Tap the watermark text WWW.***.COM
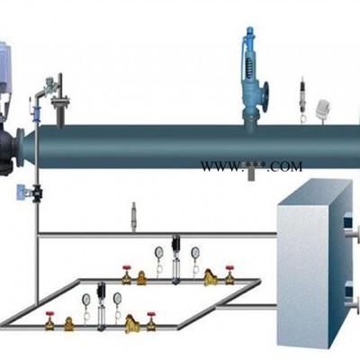[x=251, y=166]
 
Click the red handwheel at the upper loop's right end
[x=229, y=267]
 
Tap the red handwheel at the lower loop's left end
[x=49, y=314]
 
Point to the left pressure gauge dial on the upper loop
[x=158, y=251]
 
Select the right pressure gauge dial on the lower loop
[x=117, y=297]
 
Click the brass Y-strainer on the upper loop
[x=211, y=277]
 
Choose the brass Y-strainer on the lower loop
[x=132, y=323]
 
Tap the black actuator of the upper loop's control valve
[x=175, y=243]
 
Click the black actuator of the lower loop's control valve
[x=101, y=290]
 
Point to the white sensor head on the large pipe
[x=323, y=107]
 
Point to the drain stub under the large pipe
[x=251, y=174]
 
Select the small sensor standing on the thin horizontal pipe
[x=134, y=217]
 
